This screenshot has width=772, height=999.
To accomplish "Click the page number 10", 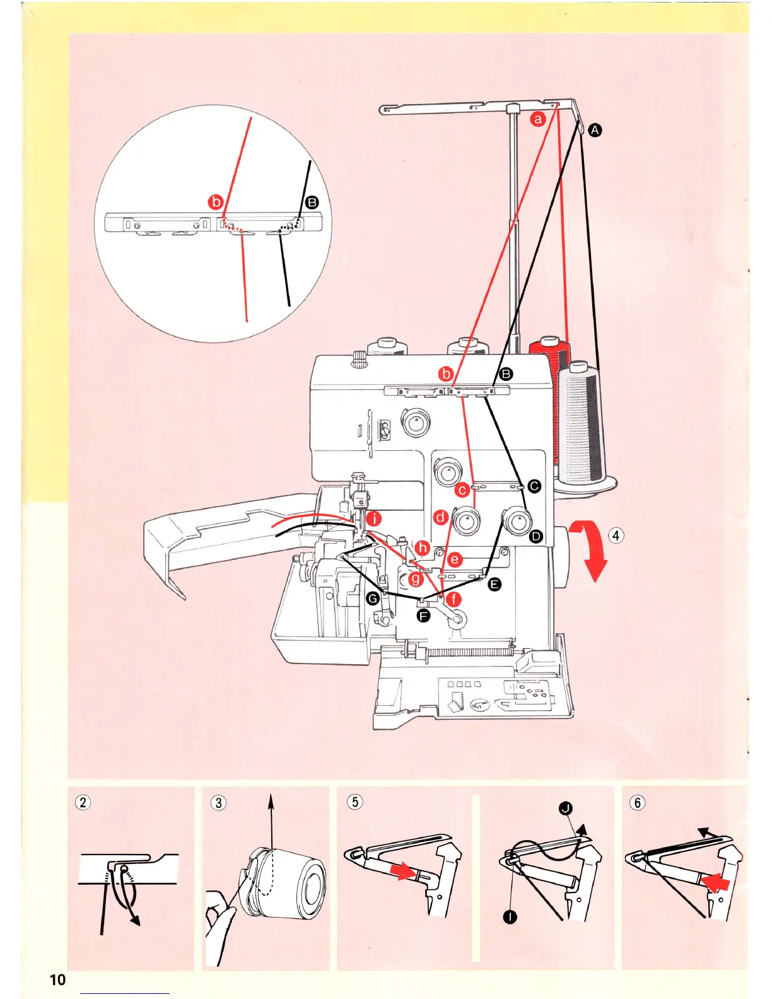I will (57, 979).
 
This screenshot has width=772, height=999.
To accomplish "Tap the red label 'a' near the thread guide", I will (537, 119).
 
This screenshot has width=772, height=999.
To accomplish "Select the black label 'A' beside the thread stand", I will (595, 131).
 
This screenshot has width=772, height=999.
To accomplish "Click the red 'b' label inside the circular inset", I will (216, 202).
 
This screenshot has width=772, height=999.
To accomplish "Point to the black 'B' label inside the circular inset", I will (312, 202).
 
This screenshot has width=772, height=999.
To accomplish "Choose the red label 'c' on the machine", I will (462, 489).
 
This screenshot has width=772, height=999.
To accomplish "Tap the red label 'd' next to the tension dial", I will (441, 517).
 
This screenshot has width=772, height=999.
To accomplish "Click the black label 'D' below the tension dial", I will (535, 537).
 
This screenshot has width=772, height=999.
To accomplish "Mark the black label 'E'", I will (495, 585).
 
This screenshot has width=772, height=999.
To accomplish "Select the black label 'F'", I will (423, 616).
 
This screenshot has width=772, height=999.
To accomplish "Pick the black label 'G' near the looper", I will (373, 598).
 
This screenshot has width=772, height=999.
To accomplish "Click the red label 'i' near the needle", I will (375, 519).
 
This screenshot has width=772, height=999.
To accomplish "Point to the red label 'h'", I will (422, 548).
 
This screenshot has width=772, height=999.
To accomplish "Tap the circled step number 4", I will (616, 536).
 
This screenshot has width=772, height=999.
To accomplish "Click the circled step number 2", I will (83, 802).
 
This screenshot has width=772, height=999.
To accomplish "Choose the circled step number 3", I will (218, 802).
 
